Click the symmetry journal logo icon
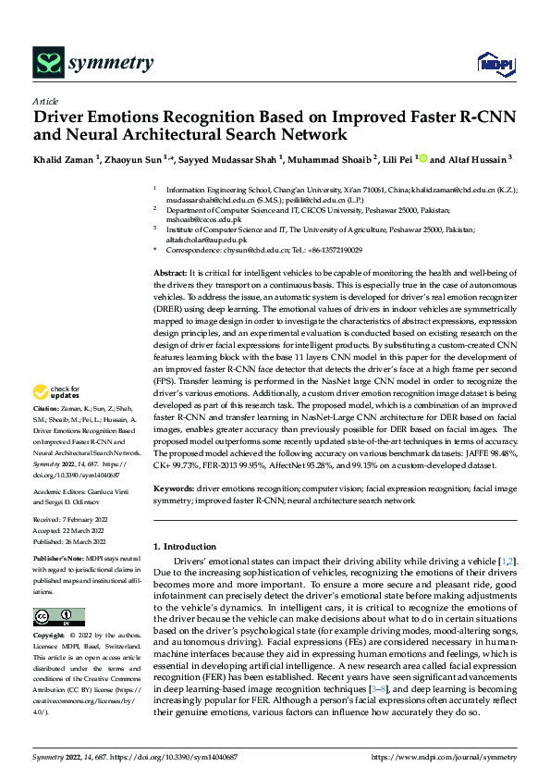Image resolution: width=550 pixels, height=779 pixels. coord(47,62)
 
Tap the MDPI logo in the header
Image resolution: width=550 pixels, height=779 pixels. coord(490,64)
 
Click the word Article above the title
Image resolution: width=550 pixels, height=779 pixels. coord(45,101)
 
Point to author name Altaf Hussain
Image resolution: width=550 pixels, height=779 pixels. coord(477,158)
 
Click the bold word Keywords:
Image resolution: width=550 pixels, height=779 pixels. coord(173,487)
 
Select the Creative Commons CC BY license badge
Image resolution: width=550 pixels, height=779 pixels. coord(59,617)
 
